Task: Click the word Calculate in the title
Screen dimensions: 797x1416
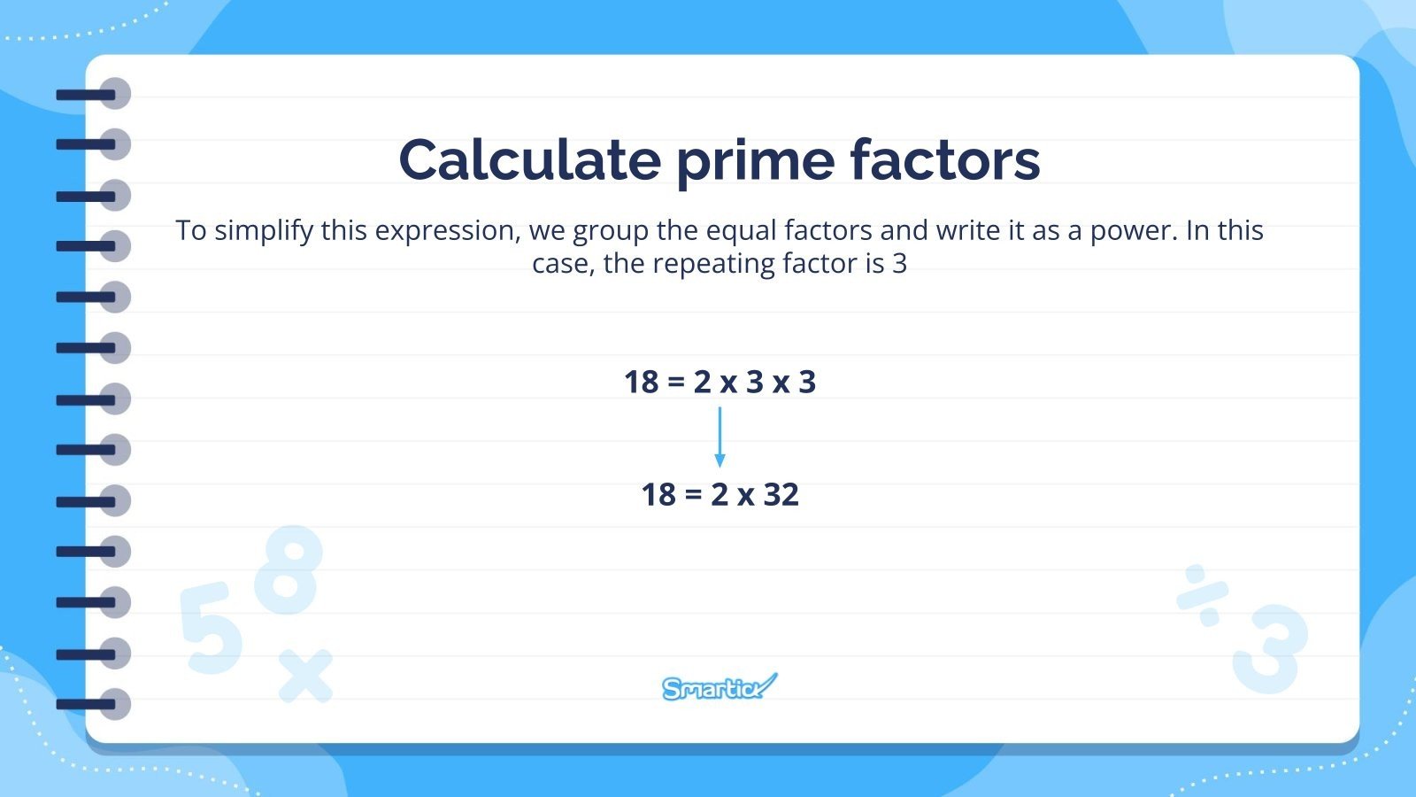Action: coord(529,160)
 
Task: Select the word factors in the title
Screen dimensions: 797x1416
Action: coord(944,160)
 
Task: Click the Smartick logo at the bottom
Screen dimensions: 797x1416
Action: coord(719,687)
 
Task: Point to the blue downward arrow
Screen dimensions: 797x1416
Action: coord(720,437)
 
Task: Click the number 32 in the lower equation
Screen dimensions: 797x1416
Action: coord(781,494)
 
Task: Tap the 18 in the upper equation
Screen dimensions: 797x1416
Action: coord(642,382)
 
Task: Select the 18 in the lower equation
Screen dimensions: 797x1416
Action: coord(658,494)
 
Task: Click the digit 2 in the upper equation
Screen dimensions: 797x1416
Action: coord(702,382)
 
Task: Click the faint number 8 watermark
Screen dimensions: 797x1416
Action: coord(289,570)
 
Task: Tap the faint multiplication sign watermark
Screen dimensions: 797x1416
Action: coord(306,677)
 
